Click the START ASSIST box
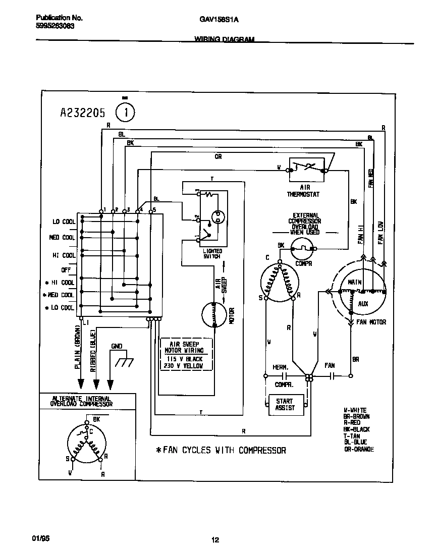click(x=284, y=404)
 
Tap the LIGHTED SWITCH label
click(x=212, y=253)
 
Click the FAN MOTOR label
click(x=371, y=322)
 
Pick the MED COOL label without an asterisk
click(x=62, y=237)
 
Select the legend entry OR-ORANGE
click(x=359, y=449)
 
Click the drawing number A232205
click(x=82, y=114)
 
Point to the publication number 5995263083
click(x=55, y=26)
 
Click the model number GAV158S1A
click(x=219, y=19)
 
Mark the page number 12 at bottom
click(x=215, y=540)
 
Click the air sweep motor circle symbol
click(x=214, y=315)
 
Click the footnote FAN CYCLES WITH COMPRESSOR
click(x=221, y=450)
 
